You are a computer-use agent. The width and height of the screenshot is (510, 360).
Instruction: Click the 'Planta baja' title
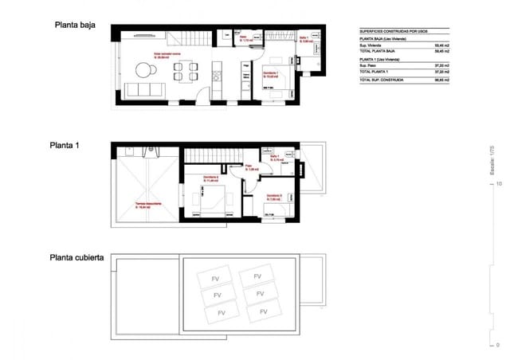[x=75, y=25]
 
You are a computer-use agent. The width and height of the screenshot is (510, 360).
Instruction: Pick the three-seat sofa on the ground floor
[x=146, y=88]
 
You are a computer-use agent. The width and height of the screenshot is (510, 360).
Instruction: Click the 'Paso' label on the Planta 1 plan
[x=248, y=167]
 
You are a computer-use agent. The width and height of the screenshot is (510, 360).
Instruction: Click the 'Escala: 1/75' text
[x=491, y=159]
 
